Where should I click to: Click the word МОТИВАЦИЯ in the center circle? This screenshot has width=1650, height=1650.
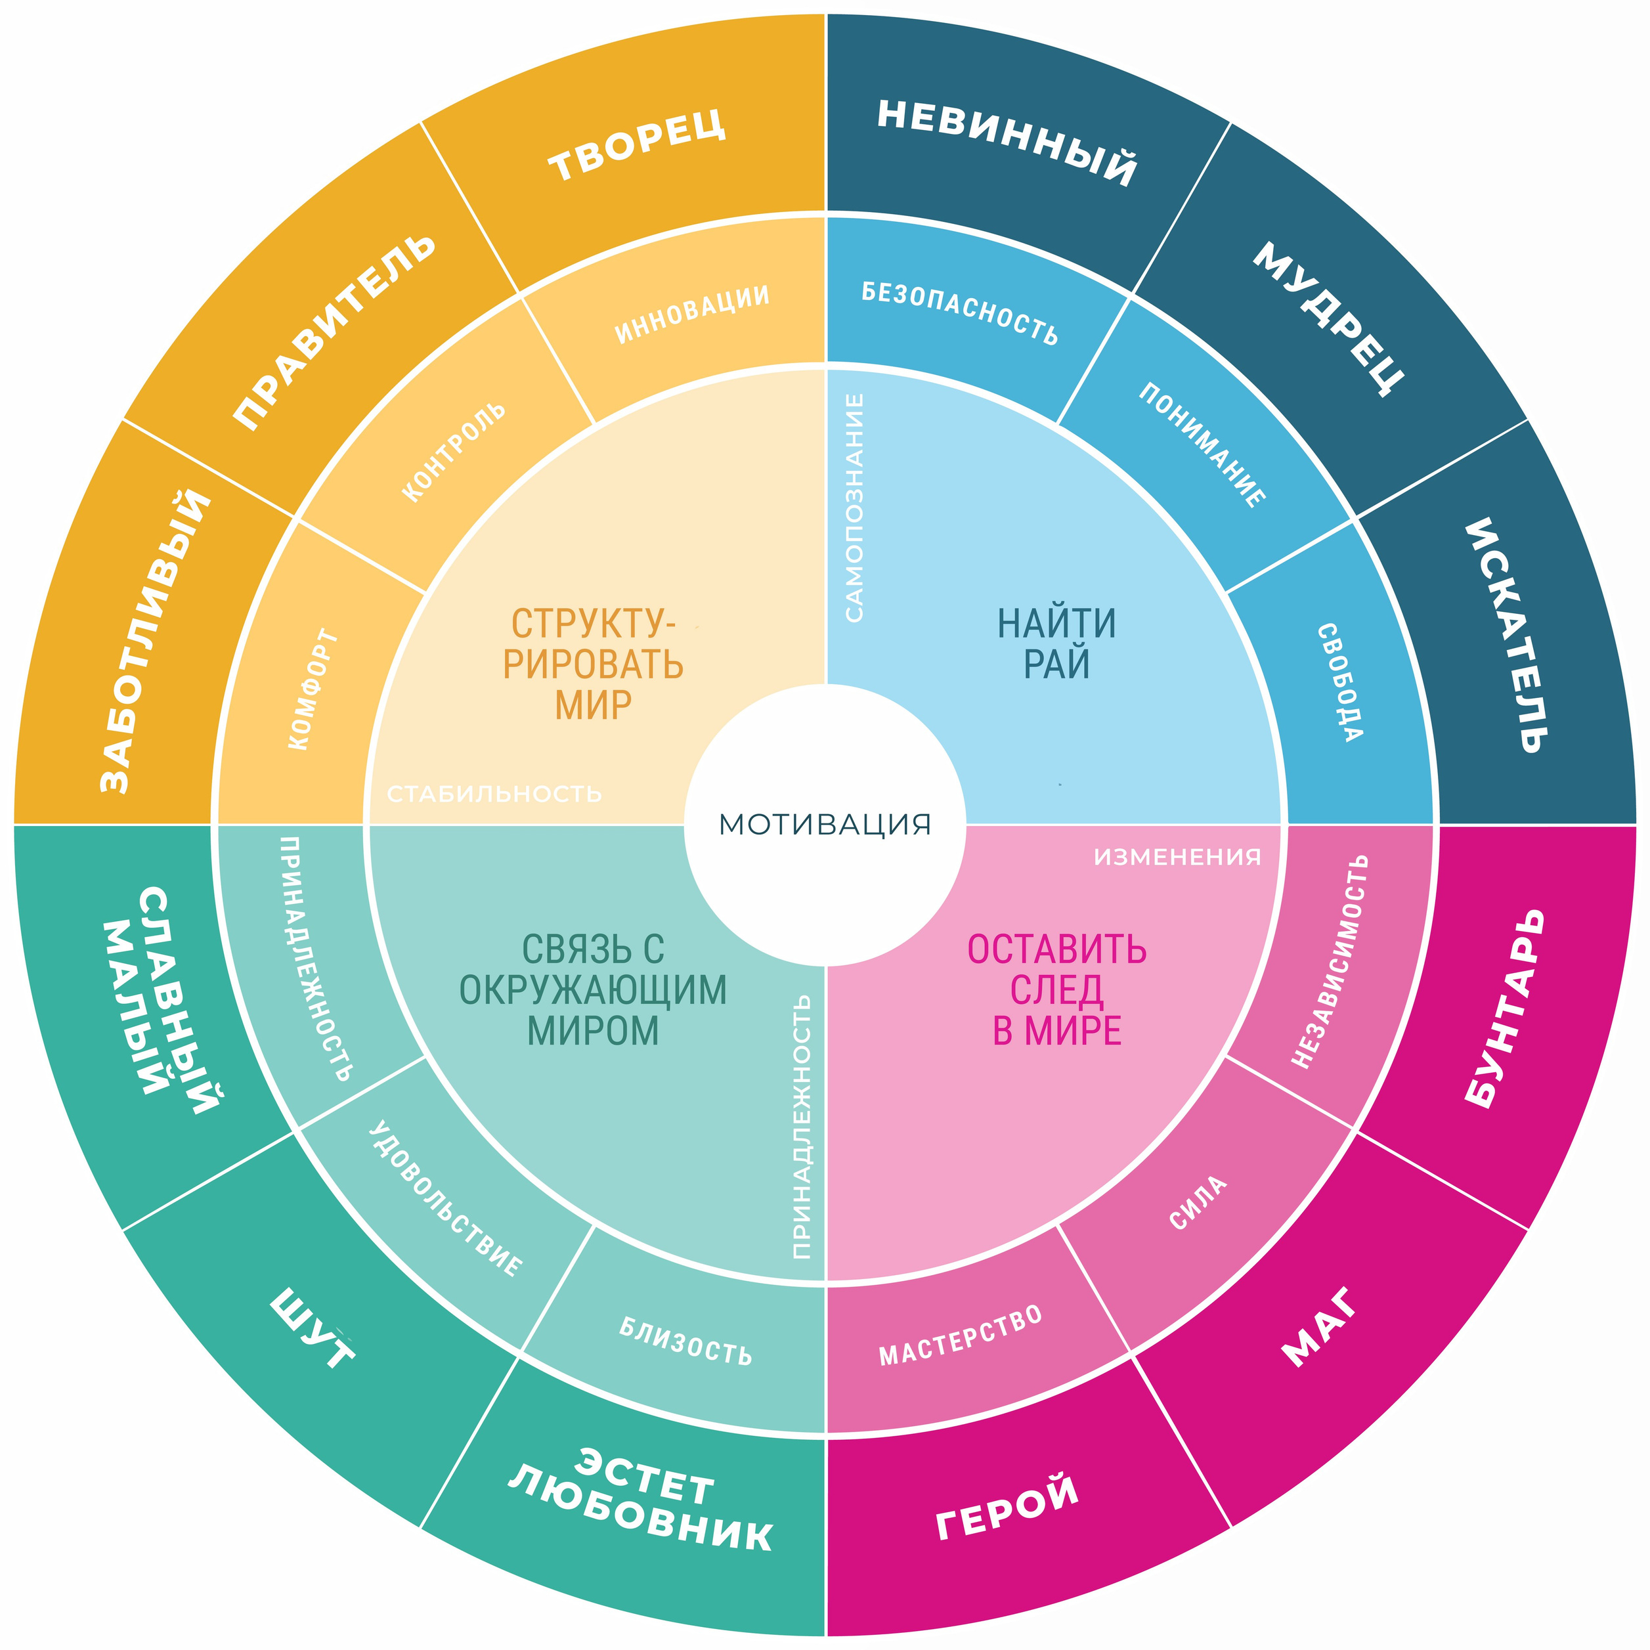tap(824, 825)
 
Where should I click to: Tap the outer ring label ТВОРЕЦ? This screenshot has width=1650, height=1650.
tap(637, 144)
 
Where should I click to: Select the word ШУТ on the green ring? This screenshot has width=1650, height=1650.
tap(313, 1328)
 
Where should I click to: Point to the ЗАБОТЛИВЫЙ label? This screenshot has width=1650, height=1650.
tap(154, 641)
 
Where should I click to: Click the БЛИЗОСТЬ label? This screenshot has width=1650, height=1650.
tap(685, 1341)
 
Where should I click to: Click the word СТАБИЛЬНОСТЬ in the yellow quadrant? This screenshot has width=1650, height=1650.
tap(494, 794)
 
